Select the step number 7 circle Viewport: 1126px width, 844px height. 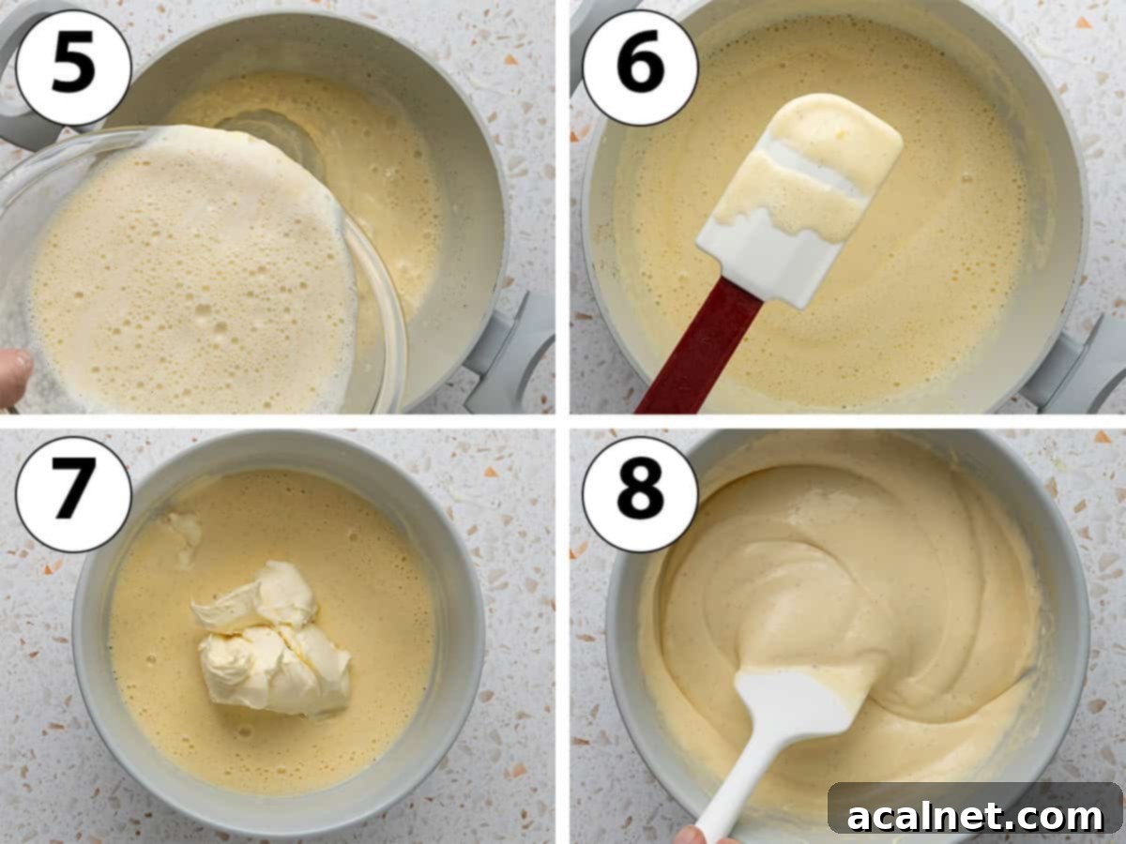point(72,493)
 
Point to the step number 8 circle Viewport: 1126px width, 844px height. point(640,493)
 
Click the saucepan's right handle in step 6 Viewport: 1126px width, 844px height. point(1079,366)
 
